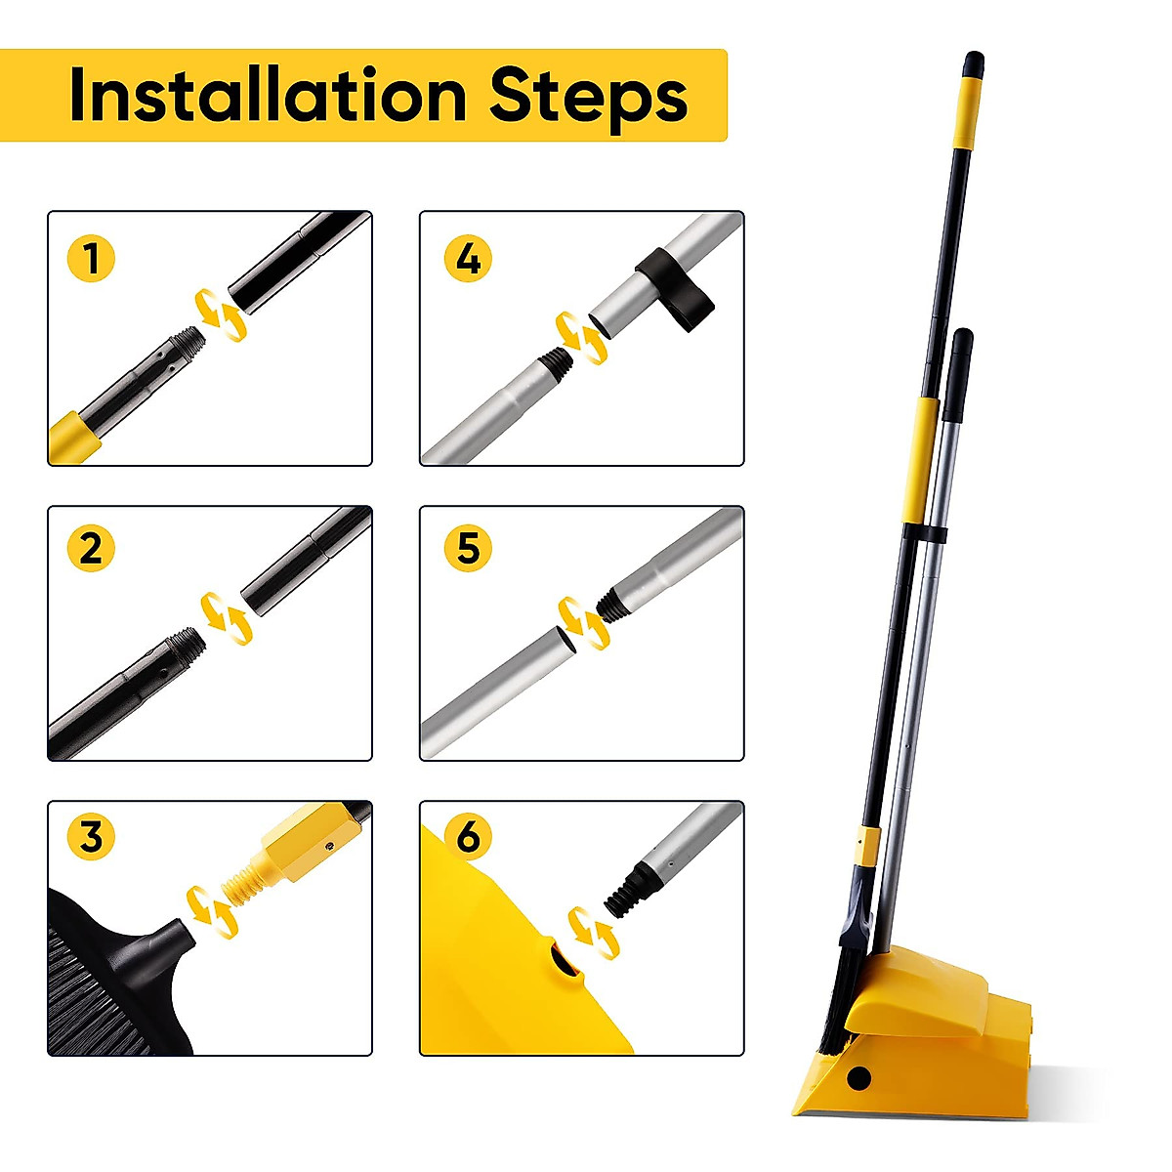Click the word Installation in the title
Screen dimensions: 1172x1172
click(268, 96)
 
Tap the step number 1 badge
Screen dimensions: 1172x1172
click(91, 259)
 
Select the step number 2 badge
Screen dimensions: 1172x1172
click(91, 547)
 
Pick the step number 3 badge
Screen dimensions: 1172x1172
click(91, 837)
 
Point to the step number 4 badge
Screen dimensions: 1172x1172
click(468, 259)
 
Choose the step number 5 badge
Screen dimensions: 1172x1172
click(468, 547)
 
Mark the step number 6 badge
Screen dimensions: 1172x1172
click(468, 837)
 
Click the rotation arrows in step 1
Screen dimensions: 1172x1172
click(220, 314)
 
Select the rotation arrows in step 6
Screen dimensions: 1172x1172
click(593, 933)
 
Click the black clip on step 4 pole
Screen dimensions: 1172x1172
click(675, 288)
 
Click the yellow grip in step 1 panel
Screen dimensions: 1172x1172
click(73, 437)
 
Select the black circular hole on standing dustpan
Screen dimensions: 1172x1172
click(859, 1078)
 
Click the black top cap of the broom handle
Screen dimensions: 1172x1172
click(973, 64)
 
